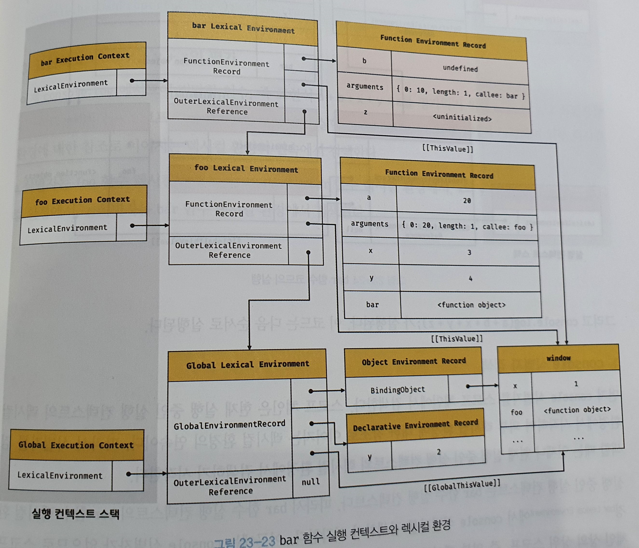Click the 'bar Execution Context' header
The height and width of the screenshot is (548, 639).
pos(86,59)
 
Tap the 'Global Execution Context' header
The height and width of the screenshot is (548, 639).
pos(76,445)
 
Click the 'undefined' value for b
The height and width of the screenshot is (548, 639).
pos(460,68)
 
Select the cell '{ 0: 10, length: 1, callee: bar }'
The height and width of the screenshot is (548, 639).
pos(461,93)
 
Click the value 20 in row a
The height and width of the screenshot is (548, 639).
pos(467,201)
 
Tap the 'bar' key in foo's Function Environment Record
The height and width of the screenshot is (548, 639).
pos(372,304)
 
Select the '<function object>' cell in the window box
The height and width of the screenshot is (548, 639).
pos(577,410)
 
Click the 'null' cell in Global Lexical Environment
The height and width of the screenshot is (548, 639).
pos(310,482)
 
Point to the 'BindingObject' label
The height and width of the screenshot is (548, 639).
pos(398,390)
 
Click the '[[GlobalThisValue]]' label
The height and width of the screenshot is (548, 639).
pos(462,485)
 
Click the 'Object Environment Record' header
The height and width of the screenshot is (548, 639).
pos(413,361)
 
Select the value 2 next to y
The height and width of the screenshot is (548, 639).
pos(439,452)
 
